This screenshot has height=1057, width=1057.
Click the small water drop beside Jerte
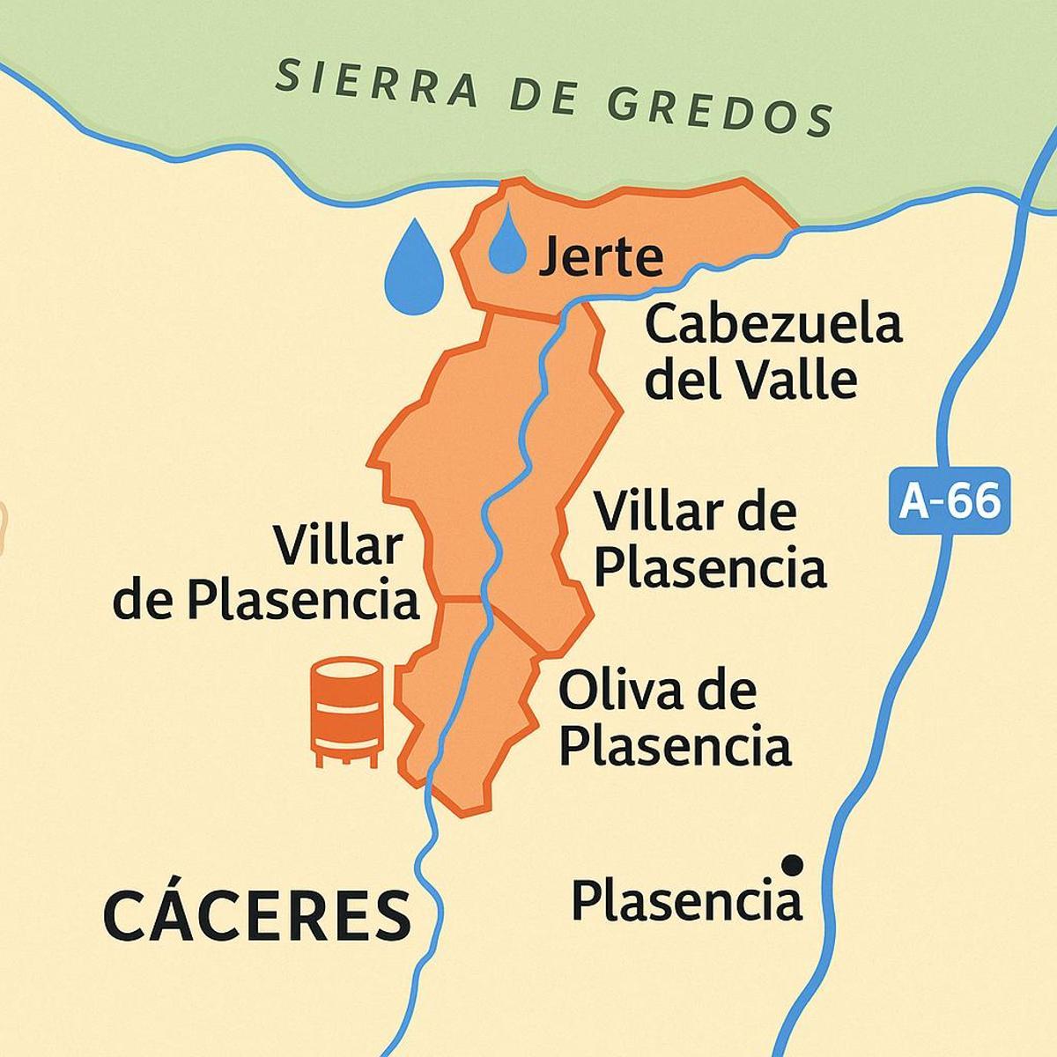click(506, 240)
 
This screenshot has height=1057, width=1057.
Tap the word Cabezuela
click(773, 325)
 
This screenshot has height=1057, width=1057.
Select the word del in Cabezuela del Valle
click(682, 381)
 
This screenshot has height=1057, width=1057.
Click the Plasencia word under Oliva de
click(675, 747)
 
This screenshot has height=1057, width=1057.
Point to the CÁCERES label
click(257, 913)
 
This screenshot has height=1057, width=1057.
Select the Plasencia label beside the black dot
click(687, 901)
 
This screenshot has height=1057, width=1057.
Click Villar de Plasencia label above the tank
click(266, 573)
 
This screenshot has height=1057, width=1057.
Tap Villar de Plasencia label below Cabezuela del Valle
click(709, 539)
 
